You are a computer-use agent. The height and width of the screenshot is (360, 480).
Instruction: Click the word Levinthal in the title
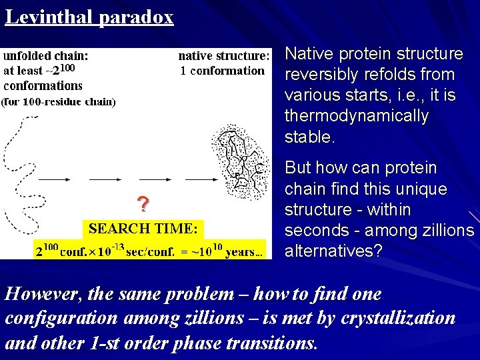[x=49, y=17]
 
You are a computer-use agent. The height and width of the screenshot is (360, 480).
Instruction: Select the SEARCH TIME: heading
[x=143, y=229]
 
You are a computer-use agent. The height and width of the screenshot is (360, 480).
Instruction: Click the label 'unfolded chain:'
[x=46, y=56]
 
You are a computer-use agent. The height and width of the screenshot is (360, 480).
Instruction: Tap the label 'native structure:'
[x=224, y=56]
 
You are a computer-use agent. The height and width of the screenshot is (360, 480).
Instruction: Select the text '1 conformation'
[x=223, y=71]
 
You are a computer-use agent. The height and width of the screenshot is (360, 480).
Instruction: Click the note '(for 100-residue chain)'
[x=59, y=102]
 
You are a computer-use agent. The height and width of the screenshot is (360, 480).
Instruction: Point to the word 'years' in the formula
[x=247, y=251]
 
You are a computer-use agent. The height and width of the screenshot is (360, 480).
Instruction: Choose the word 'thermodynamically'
[x=356, y=116]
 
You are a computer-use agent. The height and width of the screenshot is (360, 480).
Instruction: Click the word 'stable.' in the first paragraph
[x=309, y=137]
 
